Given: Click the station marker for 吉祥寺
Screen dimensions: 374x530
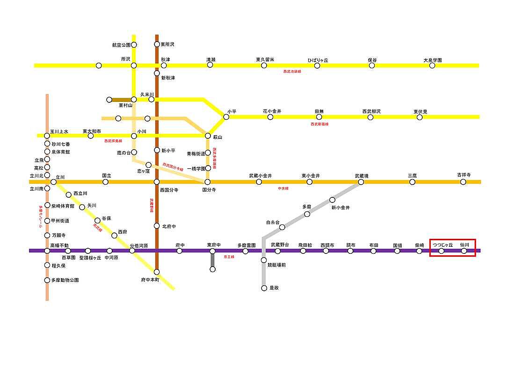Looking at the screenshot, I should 463,182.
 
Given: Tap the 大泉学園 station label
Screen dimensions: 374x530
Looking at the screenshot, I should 432,60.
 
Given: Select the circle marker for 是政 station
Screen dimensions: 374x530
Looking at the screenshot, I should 264,288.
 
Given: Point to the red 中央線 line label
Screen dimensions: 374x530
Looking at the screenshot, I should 283,188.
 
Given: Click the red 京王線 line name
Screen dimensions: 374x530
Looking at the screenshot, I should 228,257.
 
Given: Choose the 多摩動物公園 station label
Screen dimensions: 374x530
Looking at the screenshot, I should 65,280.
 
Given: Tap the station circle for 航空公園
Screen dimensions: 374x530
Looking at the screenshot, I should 134,45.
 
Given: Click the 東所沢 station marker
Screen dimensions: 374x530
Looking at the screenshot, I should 157,44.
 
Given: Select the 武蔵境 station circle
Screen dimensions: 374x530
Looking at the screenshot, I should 361,182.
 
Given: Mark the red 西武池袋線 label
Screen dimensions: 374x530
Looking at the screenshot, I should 292,72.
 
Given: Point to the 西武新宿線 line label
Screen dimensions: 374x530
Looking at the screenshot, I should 319,124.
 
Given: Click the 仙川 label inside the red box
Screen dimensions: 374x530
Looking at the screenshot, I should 464,245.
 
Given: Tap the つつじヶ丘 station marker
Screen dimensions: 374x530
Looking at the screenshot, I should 441,251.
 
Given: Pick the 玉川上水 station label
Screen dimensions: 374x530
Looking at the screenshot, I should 59,131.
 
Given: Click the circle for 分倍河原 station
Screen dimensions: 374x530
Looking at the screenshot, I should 132,251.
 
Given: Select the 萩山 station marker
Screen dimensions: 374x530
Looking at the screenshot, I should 208,136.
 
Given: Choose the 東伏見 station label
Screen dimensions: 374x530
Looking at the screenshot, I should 420,112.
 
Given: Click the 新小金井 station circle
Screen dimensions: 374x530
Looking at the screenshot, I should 332,200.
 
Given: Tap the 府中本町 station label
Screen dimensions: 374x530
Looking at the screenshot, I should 150,280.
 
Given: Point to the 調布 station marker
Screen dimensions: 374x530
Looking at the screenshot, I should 350,251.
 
